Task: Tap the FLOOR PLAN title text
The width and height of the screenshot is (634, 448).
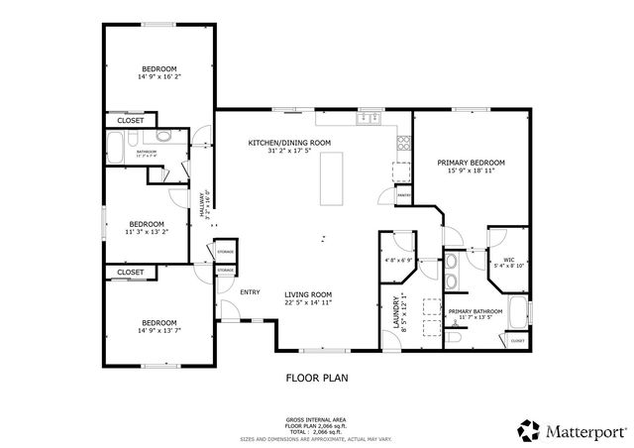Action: (317, 377)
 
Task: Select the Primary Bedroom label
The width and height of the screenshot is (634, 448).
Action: (472, 163)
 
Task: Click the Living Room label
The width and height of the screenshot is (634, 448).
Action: (308, 294)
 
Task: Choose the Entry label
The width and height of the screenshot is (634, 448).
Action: (250, 291)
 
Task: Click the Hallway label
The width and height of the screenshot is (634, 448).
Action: (204, 204)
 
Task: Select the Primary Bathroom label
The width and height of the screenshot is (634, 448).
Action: (475, 311)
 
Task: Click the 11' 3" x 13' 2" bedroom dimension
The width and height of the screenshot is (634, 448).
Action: (147, 232)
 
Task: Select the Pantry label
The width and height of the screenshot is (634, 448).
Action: (404, 196)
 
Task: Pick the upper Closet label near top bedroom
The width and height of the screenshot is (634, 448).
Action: (131, 120)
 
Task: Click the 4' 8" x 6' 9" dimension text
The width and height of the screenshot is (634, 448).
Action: (398, 261)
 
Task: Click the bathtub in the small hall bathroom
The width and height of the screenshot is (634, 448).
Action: (115, 150)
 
